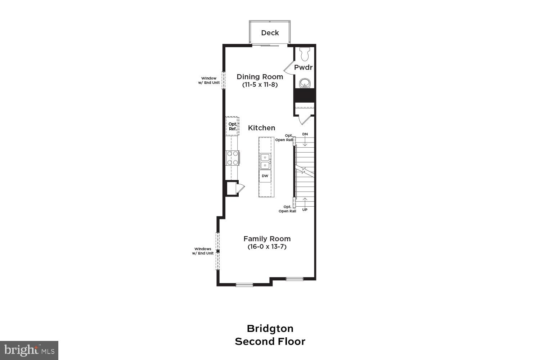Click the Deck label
click(x=270, y=33)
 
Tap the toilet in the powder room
click(x=305, y=54)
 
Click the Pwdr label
click(x=303, y=67)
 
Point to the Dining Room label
click(x=260, y=77)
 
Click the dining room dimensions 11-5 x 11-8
click(x=260, y=85)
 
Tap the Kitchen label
click(x=262, y=128)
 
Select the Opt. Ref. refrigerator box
click(x=233, y=126)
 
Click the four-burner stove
click(x=232, y=158)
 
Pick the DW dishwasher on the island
click(x=265, y=176)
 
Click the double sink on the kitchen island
click(x=265, y=161)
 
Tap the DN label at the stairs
click(x=305, y=134)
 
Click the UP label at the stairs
click(x=305, y=210)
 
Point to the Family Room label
click(x=267, y=239)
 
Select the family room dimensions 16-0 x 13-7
click(x=267, y=247)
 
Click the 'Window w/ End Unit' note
click(x=209, y=80)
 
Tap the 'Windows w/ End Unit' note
click(x=203, y=251)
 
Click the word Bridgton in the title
click(x=270, y=328)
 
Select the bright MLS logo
click(x=29, y=350)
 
